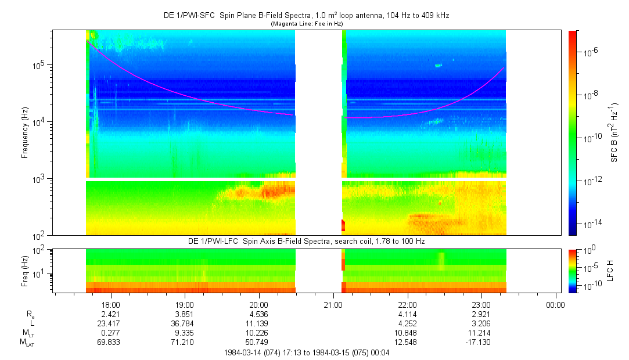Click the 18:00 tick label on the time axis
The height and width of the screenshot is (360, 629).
(x=111, y=305)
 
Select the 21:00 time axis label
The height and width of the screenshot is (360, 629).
(x=333, y=305)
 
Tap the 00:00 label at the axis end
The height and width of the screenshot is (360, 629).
(x=556, y=305)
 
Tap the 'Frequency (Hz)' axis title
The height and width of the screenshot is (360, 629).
(x=25, y=133)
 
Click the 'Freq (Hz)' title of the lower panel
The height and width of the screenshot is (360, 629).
(x=25, y=271)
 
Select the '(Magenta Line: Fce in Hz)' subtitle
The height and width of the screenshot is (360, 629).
(x=307, y=24)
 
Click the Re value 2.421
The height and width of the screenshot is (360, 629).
(x=111, y=314)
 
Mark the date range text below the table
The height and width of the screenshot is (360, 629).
(x=307, y=353)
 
